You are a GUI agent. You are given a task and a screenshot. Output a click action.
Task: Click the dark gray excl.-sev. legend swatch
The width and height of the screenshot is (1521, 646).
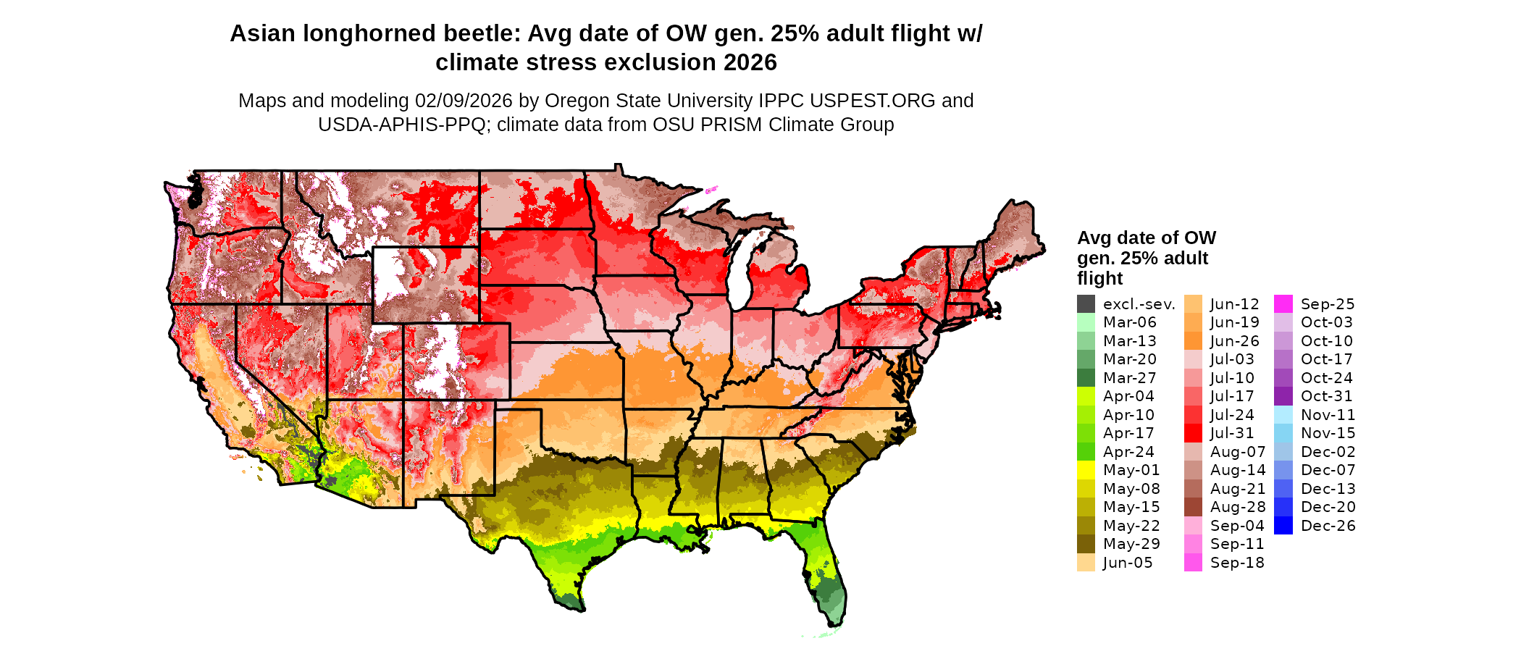[1086, 304]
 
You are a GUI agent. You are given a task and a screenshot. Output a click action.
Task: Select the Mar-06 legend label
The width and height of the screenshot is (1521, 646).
[1129, 322]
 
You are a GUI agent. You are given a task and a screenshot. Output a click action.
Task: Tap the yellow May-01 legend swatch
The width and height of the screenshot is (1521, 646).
[1086, 470]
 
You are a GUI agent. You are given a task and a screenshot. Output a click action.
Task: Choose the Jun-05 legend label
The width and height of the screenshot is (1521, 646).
[1127, 563]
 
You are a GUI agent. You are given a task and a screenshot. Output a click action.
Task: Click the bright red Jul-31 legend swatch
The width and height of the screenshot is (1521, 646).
[1193, 433]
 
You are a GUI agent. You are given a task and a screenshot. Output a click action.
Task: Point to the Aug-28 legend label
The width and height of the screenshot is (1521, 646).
[1238, 507]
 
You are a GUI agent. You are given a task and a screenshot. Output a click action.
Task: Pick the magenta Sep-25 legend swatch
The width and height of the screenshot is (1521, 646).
[1283, 304]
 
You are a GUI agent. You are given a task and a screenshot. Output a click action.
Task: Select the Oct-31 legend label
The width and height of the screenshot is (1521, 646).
[1326, 396]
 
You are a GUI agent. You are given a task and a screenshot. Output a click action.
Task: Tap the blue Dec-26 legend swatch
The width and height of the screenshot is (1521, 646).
[1283, 526]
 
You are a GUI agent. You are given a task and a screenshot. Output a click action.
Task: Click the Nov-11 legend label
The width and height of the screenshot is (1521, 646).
[1328, 415]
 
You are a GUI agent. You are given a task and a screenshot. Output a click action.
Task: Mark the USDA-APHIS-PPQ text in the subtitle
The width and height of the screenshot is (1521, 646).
[402, 125]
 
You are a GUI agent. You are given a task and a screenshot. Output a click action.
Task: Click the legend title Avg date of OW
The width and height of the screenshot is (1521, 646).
[1146, 238]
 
